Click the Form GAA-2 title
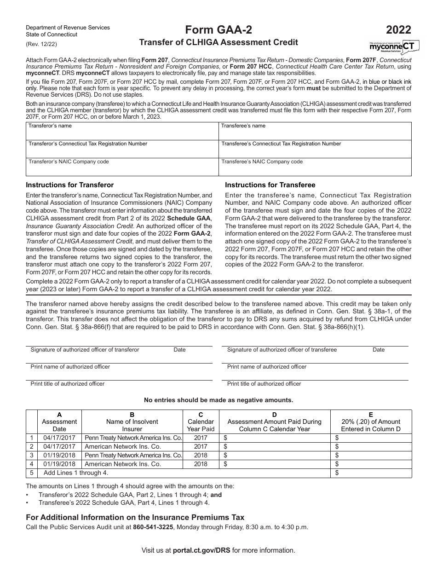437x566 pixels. (218, 30)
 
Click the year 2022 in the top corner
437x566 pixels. (398, 30)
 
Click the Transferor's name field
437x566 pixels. (122, 130)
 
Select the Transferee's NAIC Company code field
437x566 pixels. (315, 167)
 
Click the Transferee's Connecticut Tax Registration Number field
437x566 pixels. (315, 148)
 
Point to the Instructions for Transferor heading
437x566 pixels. (69, 185)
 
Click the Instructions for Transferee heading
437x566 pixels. (270, 185)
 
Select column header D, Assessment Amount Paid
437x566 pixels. (274, 422)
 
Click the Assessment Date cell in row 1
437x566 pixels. (59, 438)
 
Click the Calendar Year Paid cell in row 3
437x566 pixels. (201, 456)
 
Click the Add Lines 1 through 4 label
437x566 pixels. (76, 473)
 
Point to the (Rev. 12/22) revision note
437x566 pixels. (42, 44)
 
